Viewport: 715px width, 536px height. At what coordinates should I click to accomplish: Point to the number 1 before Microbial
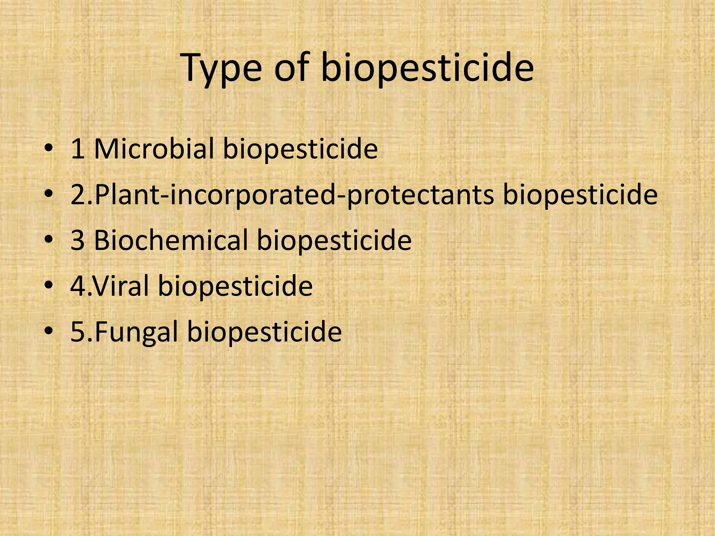pos(78,149)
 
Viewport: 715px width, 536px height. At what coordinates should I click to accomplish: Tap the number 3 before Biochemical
pos(78,241)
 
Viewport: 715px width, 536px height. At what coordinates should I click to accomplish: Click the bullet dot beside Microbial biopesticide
pos(49,149)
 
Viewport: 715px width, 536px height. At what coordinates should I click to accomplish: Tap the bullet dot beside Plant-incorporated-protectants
pos(49,195)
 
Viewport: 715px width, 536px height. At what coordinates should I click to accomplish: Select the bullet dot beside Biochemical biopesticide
pos(49,240)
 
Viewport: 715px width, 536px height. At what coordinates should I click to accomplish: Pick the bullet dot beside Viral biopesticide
pos(49,286)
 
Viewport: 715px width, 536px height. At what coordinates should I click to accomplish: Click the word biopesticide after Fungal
pos(265,332)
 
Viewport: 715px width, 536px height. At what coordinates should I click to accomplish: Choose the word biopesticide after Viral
pos(235,286)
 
